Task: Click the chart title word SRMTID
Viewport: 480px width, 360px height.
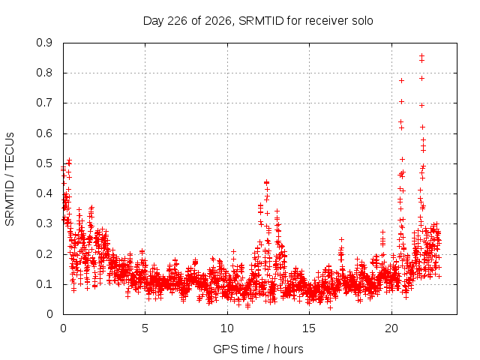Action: coord(261,21)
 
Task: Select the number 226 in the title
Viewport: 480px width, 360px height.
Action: coord(178,21)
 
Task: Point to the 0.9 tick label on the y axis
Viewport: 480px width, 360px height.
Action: coord(44,43)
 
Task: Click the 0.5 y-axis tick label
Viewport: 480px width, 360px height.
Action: coord(44,163)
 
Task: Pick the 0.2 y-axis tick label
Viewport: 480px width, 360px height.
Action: coord(44,254)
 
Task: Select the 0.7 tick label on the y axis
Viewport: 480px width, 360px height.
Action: coord(44,103)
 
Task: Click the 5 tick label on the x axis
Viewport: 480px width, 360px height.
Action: coord(145,328)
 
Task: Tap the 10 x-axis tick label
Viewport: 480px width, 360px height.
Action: coord(227,328)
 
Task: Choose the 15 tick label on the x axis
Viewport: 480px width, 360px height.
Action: coord(309,328)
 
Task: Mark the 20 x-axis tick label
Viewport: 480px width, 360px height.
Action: coord(391,328)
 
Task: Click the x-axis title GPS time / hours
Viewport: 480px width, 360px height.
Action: coord(258,349)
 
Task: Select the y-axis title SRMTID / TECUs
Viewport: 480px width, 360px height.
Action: coord(10,179)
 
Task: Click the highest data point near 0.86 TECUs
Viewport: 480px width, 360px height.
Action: coord(421,56)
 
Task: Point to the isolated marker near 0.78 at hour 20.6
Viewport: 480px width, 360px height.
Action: coord(401,80)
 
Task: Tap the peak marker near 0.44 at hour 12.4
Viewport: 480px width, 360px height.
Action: coord(267,182)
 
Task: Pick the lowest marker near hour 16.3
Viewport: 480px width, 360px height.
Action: coord(330,307)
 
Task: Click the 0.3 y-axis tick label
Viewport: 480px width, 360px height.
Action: coord(44,223)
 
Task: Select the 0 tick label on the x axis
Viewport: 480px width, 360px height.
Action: coord(63,328)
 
